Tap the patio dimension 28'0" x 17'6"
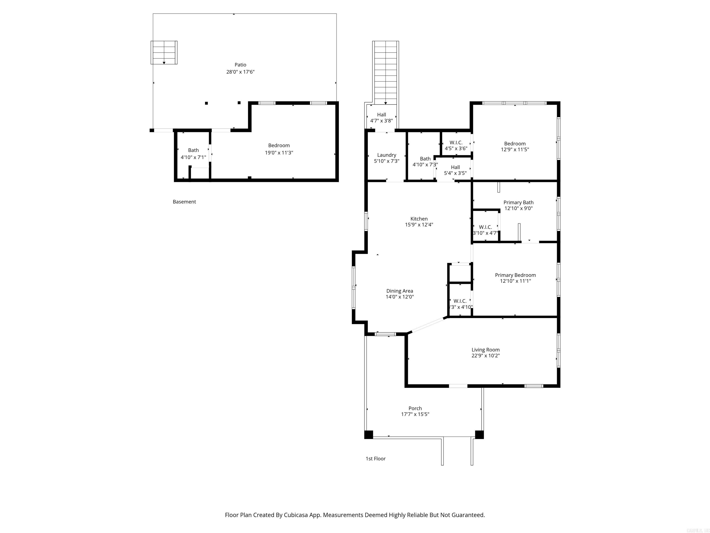click(240, 72)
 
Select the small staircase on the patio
click(164, 52)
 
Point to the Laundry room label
click(386, 155)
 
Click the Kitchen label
click(419, 219)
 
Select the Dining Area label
click(399, 291)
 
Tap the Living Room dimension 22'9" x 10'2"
click(485, 356)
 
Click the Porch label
click(415, 408)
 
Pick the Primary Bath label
click(518, 202)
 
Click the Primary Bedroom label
click(515, 275)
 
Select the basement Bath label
click(193, 150)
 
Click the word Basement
click(184, 202)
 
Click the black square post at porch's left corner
click(368, 434)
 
